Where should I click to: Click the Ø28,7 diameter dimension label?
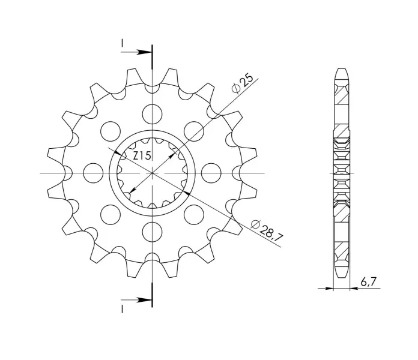click(x=267, y=230)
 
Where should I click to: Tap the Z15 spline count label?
click(x=142, y=155)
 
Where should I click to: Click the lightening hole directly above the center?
click(x=152, y=114)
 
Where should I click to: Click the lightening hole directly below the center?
click(x=152, y=232)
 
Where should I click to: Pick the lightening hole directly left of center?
click(x=93, y=173)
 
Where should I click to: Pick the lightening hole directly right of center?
click(x=211, y=173)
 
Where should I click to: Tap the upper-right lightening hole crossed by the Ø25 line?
click(x=194, y=131)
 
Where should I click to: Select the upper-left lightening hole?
click(x=111, y=131)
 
